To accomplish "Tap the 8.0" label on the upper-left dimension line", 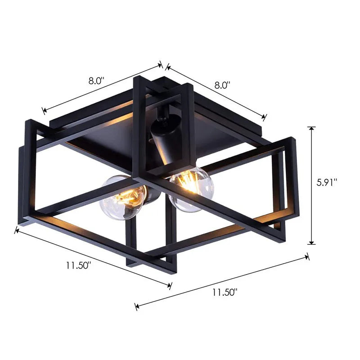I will click(x=96, y=81).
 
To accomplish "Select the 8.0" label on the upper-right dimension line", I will click(x=222, y=84).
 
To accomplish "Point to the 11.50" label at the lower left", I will click(x=79, y=265).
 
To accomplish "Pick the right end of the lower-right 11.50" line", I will click(x=308, y=256).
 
